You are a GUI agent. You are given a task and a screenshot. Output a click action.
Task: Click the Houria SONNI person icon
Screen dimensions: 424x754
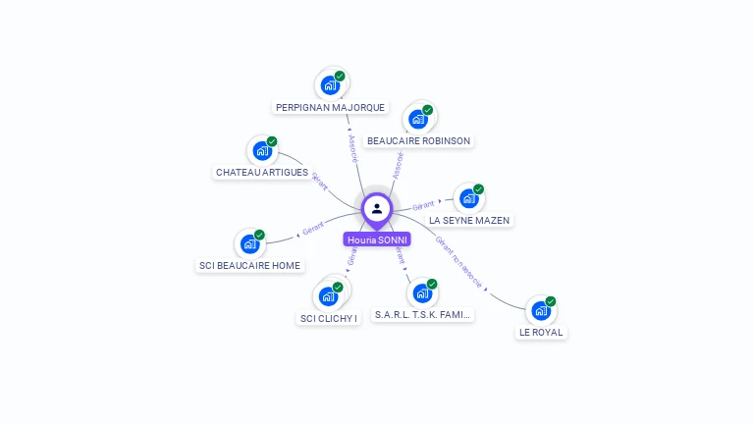coord(377,208)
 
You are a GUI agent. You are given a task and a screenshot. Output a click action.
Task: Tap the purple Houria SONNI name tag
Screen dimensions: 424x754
coord(377,239)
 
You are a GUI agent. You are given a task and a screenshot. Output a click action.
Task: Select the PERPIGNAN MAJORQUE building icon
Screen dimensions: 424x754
coord(330,85)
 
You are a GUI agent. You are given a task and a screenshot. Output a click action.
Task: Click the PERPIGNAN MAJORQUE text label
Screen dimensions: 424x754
coord(331,107)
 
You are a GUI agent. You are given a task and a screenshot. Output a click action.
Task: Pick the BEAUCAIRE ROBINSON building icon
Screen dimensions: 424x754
coord(418,120)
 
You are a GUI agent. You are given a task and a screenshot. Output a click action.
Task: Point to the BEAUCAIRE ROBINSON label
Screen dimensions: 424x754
coord(419,141)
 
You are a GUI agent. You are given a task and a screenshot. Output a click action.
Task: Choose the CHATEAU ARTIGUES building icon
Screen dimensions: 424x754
coord(262,151)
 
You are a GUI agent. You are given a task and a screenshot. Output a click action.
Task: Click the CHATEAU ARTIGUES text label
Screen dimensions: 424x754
coord(262,173)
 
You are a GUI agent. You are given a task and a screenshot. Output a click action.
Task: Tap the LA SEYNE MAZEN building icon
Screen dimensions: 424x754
coord(468,198)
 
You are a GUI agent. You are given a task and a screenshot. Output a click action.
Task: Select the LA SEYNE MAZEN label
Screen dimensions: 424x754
coord(469,220)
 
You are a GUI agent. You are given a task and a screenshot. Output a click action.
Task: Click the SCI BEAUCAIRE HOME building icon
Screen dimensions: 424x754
coord(249,243)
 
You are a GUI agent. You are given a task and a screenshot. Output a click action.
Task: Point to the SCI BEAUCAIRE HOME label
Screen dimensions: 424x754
coord(249,265)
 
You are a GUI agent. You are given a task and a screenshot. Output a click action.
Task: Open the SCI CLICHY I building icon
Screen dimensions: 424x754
coord(328,295)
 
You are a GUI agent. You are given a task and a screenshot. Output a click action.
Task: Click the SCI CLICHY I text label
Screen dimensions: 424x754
coord(329,317)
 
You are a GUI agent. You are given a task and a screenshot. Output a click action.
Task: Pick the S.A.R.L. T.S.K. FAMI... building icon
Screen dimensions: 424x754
coord(422,292)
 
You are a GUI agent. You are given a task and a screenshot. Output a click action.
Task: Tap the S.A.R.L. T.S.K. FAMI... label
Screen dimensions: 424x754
coord(423,315)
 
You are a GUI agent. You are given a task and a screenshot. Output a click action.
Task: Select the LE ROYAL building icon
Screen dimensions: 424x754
coord(540,310)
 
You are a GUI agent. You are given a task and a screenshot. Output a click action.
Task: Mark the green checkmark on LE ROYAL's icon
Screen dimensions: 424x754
coord(551,301)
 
